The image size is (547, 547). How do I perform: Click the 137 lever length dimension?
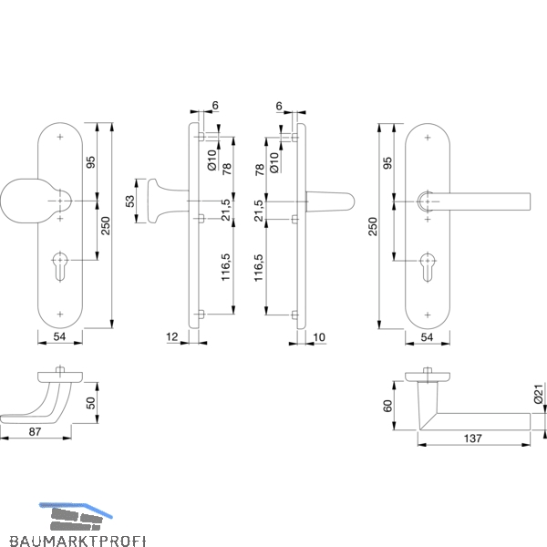[472, 439]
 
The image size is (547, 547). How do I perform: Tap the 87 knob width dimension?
[35, 432]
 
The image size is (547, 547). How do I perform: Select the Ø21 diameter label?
[539, 394]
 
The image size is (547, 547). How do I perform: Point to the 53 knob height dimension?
[129, 201]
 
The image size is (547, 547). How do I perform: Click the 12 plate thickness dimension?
[172, 337]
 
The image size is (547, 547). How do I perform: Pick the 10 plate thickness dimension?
[319, 337]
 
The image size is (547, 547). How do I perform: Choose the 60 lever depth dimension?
[387, 406]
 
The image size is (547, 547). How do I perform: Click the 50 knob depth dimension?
[90, 403]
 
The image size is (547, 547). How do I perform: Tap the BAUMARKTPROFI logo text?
[77, 541]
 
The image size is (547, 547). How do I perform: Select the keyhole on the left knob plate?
[60, 266]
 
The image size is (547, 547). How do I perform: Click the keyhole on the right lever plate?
[428, 267]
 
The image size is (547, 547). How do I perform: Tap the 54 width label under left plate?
[59, 336]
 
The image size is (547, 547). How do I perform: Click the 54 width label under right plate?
[427, 337]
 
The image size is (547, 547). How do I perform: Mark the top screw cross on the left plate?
[60, 137]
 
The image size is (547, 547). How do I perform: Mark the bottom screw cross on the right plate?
[428, 315]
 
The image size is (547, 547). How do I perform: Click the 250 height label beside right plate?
[373, 226]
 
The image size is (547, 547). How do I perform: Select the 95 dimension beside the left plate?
[90, 162]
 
